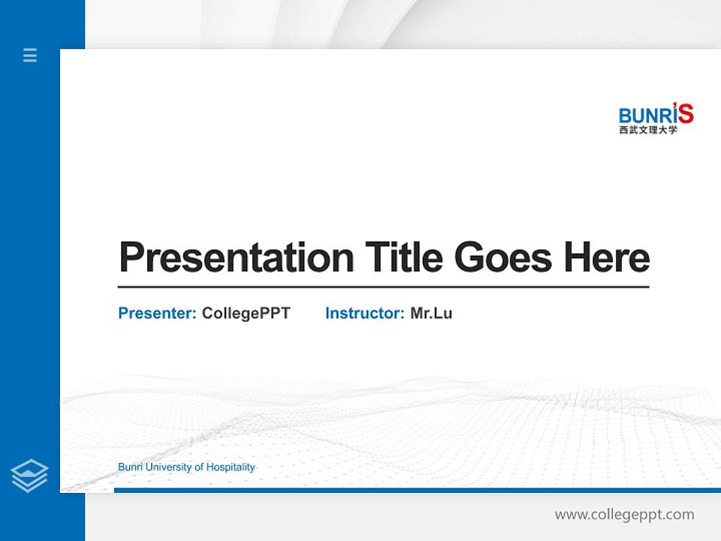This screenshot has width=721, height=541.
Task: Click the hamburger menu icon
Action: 30,55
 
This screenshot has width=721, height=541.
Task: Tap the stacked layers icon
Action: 29,476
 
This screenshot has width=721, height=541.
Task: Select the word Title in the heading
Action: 403,258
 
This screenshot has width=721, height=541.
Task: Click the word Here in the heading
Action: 607,258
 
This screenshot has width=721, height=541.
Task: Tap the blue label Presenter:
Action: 157,313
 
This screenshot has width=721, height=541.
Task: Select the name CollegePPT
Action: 246,313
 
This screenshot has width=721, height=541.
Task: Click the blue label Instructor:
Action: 364,313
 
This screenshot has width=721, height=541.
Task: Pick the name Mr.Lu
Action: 431,313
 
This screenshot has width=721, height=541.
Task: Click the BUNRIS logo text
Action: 650,115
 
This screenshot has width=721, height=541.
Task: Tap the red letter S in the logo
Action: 685,113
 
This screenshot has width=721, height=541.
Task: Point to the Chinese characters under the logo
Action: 648,130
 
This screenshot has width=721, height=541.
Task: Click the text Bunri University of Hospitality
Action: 186,467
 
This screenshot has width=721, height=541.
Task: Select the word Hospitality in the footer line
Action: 231,467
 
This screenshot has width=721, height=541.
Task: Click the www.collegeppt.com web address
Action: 624,515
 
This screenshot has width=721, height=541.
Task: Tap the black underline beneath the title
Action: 383,286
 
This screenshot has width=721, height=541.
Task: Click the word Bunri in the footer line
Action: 130,467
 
